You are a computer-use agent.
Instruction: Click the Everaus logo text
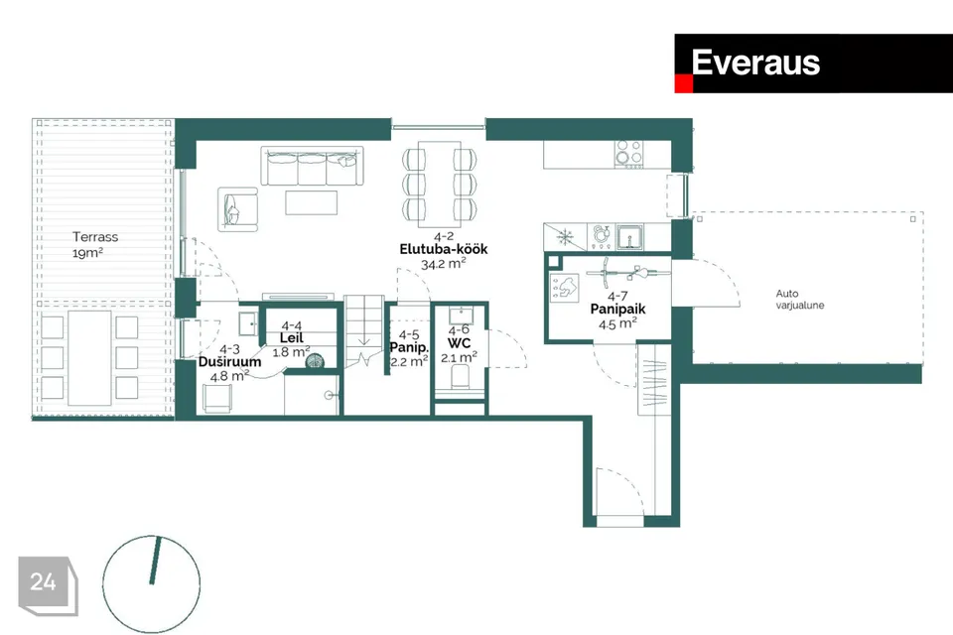755,63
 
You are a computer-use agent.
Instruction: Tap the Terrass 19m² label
95,244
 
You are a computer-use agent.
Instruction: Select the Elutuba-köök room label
444,250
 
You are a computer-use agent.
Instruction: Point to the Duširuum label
229,362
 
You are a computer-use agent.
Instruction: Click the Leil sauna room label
291,338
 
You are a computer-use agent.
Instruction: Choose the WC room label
459,343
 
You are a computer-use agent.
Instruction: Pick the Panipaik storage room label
617,310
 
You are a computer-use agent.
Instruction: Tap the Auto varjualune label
800,300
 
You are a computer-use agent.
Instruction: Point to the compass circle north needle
155,561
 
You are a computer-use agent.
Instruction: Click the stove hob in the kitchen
628,155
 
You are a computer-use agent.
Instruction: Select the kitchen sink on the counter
630,237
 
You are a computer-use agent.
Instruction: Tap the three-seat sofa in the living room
312,166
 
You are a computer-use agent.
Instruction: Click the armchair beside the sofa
237,209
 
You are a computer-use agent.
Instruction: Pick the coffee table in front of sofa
311,202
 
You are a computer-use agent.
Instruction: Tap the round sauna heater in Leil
314,361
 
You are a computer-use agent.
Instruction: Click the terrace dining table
89,358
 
